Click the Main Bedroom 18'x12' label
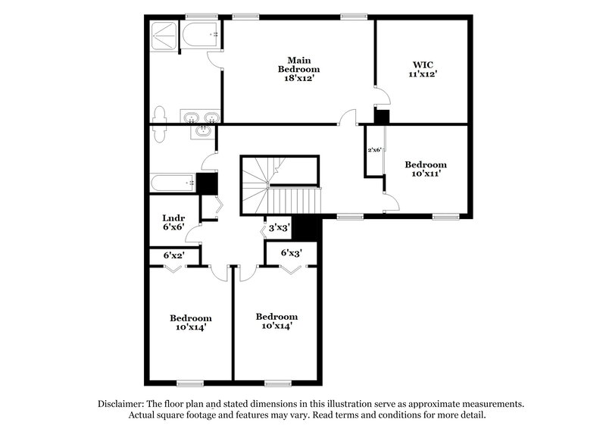[x=298, y=69]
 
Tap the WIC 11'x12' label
[x=423, y=69]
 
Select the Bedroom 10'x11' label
[x=425, y=169]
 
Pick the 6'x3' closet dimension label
[x=292, y=254]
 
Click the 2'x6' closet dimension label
[x=375, y=149]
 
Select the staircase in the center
[x=280, y=186]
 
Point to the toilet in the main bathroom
[x=160, y=124]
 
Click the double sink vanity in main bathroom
[x=200, y=117]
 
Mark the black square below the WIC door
[x=383, y=117]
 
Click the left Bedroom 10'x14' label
[x=190, y=322]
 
